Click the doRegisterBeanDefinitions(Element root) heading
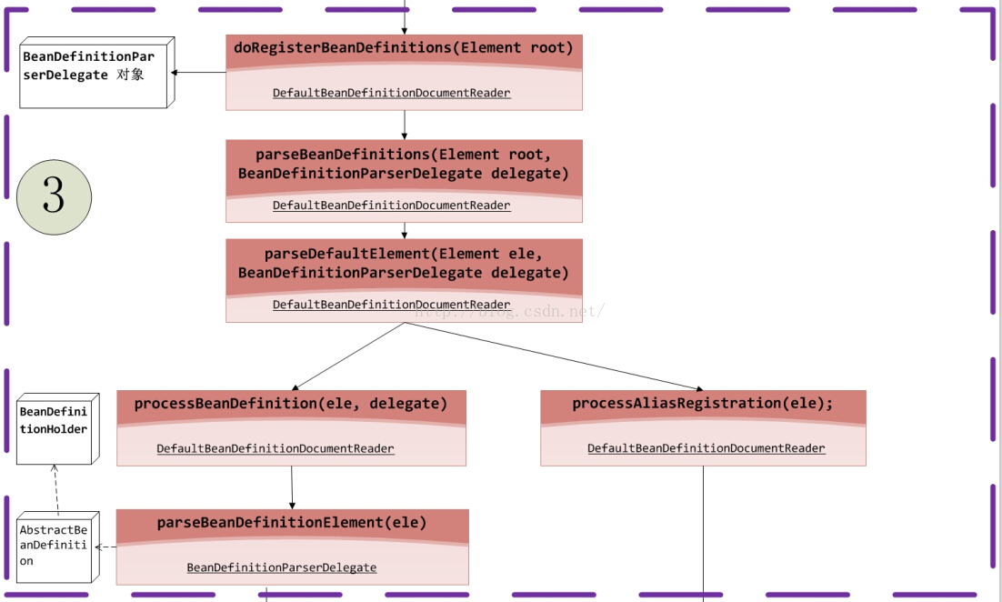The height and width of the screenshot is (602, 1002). point(403,48)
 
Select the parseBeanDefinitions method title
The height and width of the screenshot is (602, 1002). point(403,165)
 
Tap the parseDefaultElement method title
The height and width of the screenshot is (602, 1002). point(403,264)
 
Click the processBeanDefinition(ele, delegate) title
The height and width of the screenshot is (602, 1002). point(291,404)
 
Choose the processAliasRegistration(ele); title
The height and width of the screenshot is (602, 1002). point(703,403)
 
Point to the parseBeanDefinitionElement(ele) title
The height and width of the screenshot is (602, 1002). point(292,523)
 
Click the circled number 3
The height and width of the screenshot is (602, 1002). point(54,196)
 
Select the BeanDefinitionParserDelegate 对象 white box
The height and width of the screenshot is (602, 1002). point(97,72)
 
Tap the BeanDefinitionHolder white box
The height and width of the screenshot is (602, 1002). point(58,429)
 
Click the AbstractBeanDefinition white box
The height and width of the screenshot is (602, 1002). point(58,547)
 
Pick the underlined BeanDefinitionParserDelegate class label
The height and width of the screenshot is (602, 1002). point(282,567)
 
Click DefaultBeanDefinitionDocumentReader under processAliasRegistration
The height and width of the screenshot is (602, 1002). point(706,448)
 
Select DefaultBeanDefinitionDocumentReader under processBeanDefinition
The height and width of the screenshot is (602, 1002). point(276,448)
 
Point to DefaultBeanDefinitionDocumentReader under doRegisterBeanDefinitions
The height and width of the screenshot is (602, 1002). point(392,93)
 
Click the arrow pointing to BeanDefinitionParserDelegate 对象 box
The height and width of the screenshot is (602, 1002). point(199,72)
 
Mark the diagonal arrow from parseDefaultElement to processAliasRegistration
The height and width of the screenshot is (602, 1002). point(554,356)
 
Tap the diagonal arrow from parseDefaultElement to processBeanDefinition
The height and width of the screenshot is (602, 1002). point(348,356)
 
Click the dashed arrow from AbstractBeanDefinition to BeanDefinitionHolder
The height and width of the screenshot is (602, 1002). point(56,490)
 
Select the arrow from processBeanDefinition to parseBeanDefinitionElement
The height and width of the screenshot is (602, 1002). point(292,487)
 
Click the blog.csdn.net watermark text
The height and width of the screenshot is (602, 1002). point(509,311)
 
